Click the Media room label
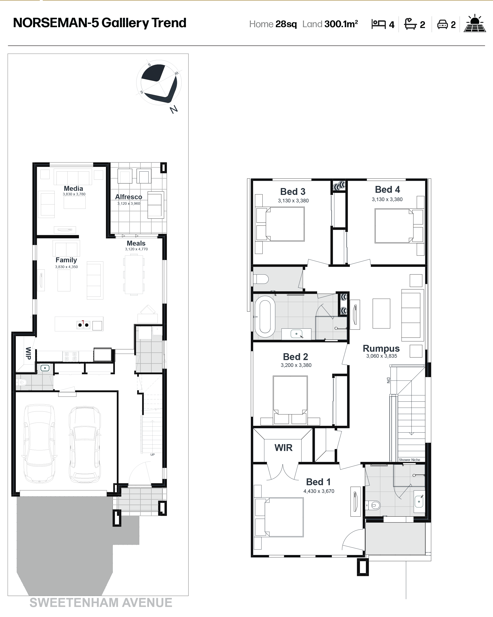(73, 189)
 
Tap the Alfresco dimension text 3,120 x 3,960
(129, 203)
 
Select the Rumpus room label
(381, 349)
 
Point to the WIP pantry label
(28, 353)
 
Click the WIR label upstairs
(284, 448)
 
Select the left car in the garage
(39, 443)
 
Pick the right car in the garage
(85, 444)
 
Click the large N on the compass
(174, 109)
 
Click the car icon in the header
(442, 24)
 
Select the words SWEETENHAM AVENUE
(101, 603)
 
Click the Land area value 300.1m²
(341, 24)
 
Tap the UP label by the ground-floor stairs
(153, 454)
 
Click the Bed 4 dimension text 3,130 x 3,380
(387, 199)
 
